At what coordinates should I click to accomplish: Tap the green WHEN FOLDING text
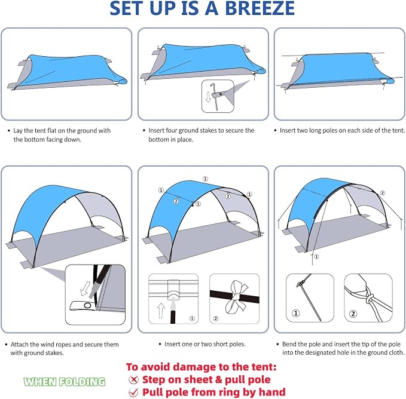[x=65, y=382]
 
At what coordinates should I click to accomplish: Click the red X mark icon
[x=133, y=380]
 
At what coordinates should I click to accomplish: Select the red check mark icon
[x=133, y=392]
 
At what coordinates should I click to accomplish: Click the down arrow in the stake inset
[x=208, y=97]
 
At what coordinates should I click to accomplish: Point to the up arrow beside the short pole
[x=161, y=311]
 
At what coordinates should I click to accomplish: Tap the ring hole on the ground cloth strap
[x=87, y=306]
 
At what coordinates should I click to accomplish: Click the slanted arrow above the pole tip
[x=86, y=288]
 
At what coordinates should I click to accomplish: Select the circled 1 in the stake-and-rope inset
[x=296, y=313]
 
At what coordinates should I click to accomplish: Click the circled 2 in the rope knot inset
[x=353, y=314]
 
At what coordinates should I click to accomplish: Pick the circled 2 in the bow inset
[x=215, y=318]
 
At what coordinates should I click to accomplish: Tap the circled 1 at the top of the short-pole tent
[x=205, y=179]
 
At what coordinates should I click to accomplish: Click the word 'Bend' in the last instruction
[x=289, y=344]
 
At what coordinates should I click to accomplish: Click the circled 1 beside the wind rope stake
[x=316, y=256]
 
